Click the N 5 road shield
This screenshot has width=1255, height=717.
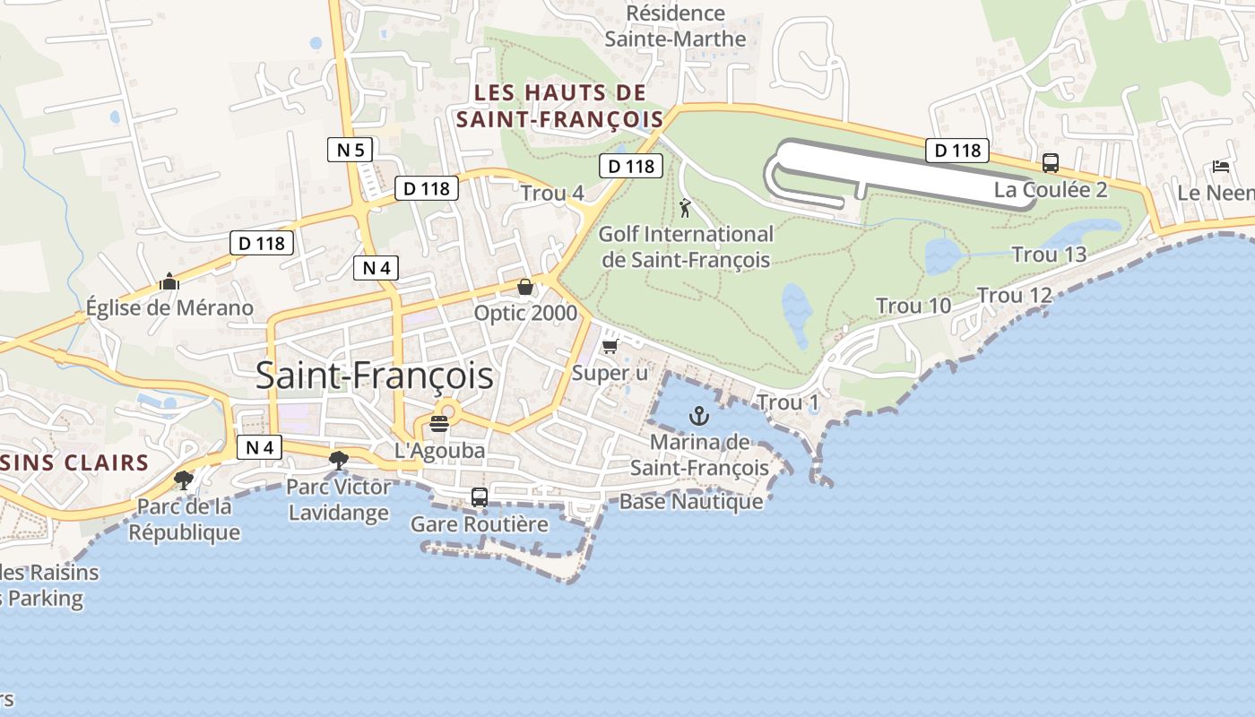tap(350, 150)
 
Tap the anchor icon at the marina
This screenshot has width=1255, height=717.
tap(698, 415)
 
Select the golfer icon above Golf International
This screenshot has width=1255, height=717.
tap(686, 208)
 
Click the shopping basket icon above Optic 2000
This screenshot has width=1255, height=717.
tap(525, 287)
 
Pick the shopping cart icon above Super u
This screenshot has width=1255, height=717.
tap(610, 346)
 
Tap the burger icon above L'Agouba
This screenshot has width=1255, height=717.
tap(439, 423)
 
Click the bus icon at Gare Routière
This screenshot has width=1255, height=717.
tap(480, 497)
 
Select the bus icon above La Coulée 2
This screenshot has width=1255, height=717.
tap(1051, 163)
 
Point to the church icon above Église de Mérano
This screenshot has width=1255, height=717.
tap(169, 281)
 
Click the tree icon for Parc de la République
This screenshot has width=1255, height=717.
tap(184, 479)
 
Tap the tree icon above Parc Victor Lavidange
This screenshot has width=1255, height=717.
tap(338, 461)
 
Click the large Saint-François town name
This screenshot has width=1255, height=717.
tap(375, 376)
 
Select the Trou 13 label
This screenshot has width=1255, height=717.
tap(1049, 255)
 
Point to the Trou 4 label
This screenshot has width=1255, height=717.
tap(552, 193)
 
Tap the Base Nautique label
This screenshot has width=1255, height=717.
tap(691, 501)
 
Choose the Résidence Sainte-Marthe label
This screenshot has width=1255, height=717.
tap(675, 26)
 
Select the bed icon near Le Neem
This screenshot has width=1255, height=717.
tap(1221, 166)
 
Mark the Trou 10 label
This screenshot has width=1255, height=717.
tap(913, 306)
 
